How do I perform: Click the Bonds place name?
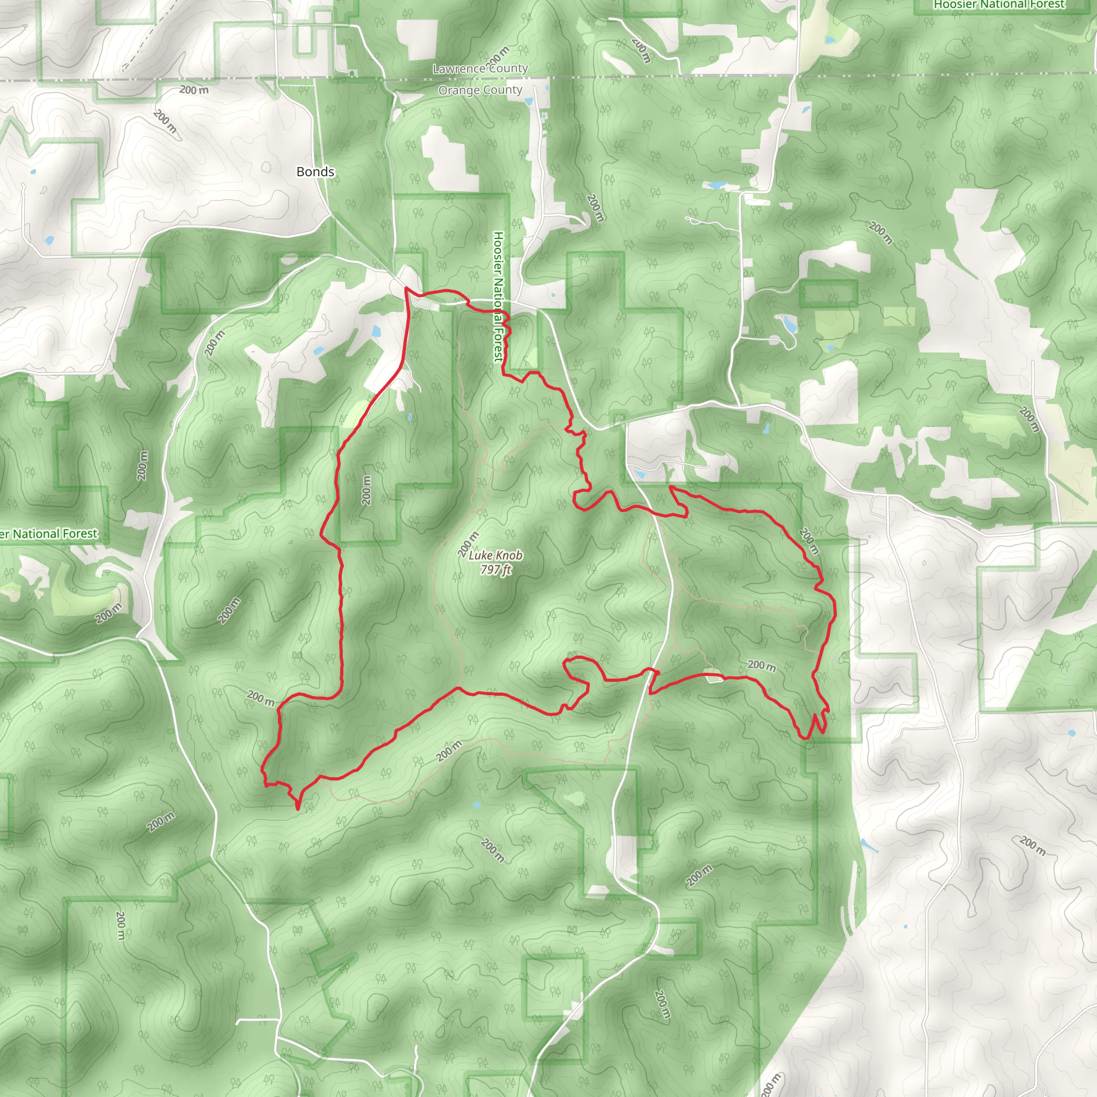pos(315,171)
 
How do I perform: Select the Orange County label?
pos(480,91)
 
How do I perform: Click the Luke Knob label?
pos(495,555)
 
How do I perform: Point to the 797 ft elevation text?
pos(495,569)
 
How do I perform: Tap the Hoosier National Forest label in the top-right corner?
pos(1000,4)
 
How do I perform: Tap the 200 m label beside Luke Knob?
pos(469,545)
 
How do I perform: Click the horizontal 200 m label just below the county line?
pos(193,89)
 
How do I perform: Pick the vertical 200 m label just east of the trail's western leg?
pos(366,490)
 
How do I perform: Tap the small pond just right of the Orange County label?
pos(529,102)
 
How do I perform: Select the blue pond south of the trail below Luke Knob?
pos(476,805)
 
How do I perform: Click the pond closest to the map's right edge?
pos(1071,733)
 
